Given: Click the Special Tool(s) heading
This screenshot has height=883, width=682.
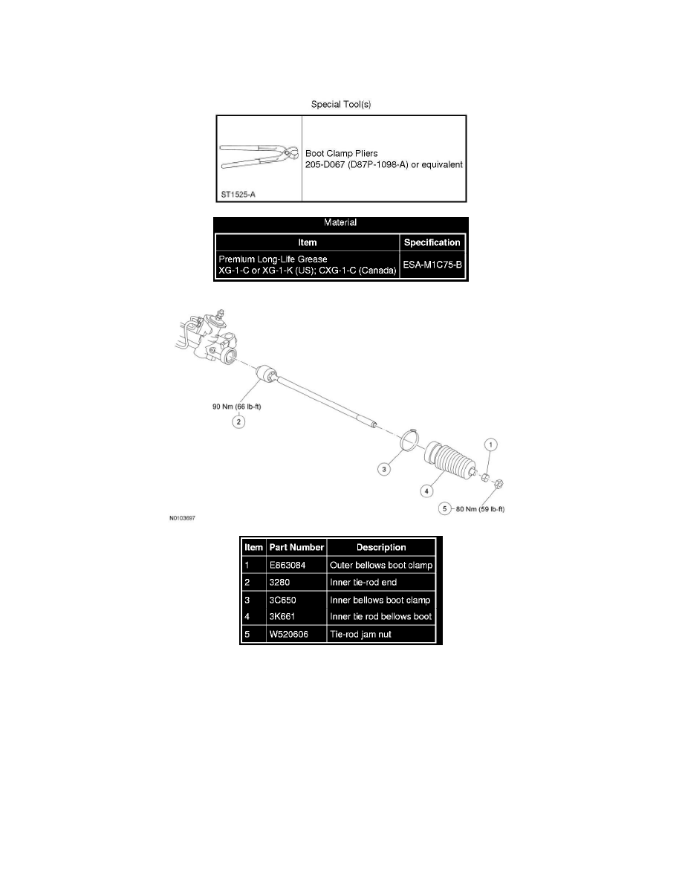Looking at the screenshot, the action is click(x=341, y=104).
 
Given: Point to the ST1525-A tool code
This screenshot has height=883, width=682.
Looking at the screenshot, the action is click(x=238, y=194).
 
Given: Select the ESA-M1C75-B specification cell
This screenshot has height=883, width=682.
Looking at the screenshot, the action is click(x=432, y=265).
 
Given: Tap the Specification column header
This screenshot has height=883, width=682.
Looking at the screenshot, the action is click(x=432, y=243).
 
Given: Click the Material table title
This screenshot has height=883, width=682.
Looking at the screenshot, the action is click(x=340, y=222).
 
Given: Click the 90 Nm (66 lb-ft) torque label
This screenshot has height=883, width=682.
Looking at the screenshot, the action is click(x=237, y=406).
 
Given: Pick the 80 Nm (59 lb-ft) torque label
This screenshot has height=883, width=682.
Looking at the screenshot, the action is click(x=480, y=509).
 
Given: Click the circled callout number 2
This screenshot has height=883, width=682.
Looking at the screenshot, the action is click(x=238, y=421).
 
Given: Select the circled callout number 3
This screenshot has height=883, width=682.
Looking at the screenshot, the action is click(x=384, y=468).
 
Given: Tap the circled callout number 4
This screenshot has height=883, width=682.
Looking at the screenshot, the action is click(x=426, y=491).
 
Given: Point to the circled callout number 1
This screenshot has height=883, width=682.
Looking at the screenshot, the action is click(x=490, y=445).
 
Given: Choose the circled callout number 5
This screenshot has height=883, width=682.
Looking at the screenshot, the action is click(x=444, y=508).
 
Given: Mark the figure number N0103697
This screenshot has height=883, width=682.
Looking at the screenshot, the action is click(x=182, y=518).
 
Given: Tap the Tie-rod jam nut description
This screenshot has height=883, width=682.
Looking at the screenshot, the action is click(x=361, y=634).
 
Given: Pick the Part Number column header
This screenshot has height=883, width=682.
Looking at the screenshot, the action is click(x=296, y=547).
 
